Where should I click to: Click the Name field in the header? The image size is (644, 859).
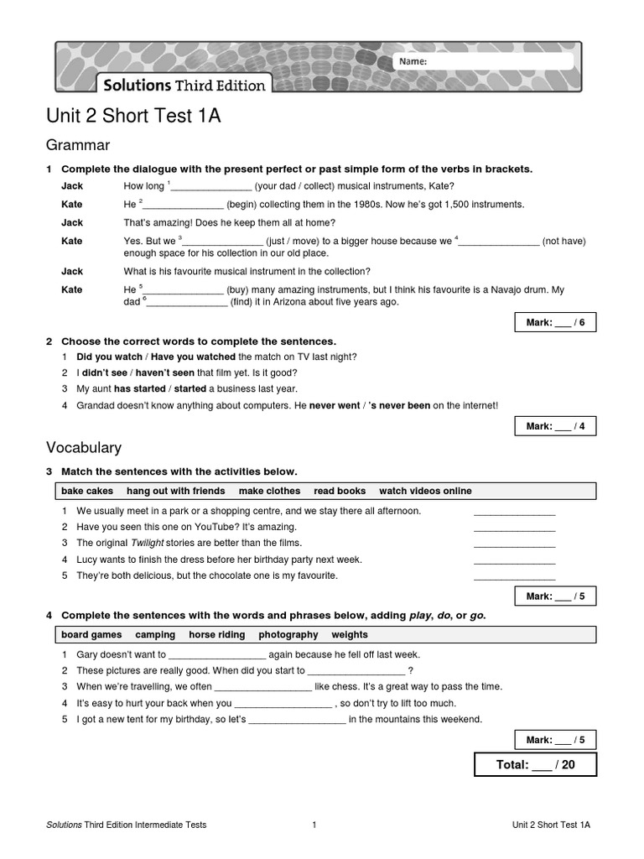point(484,61)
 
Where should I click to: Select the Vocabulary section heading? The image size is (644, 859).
point(84,448)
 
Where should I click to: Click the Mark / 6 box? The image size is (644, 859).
point(555,323)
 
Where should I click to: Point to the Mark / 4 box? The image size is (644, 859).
point(555,426)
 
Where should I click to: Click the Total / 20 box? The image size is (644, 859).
point(536,765)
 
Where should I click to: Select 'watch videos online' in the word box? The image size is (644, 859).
point(425,491)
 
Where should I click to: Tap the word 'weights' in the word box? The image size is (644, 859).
point(350,635)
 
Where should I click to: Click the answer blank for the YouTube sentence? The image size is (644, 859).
point(514,528)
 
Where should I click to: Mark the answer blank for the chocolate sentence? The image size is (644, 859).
point(514,576)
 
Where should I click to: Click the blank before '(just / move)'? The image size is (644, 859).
point(222,242)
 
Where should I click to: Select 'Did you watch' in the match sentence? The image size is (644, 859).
point(110,357)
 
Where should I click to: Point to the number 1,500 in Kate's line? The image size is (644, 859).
point(460,204)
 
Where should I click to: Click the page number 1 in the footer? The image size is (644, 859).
point(314,825)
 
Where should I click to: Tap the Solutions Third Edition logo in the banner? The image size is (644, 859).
point(184,85)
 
